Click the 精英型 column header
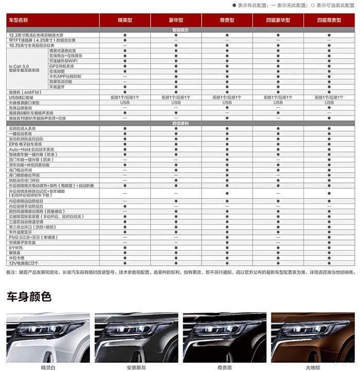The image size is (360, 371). click(125, 20)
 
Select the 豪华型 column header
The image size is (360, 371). click(176, 20)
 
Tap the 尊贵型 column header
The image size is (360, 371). click(227, 20)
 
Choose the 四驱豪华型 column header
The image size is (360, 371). click(278, 20)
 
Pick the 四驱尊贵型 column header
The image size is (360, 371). click(329, 20)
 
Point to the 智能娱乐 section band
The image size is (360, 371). click(180, 30)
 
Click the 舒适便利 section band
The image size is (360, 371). click(180, 123)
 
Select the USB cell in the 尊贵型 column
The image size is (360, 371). click(227, 102)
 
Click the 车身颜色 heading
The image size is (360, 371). click(29, 296)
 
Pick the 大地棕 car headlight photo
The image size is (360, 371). click(313, 337)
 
